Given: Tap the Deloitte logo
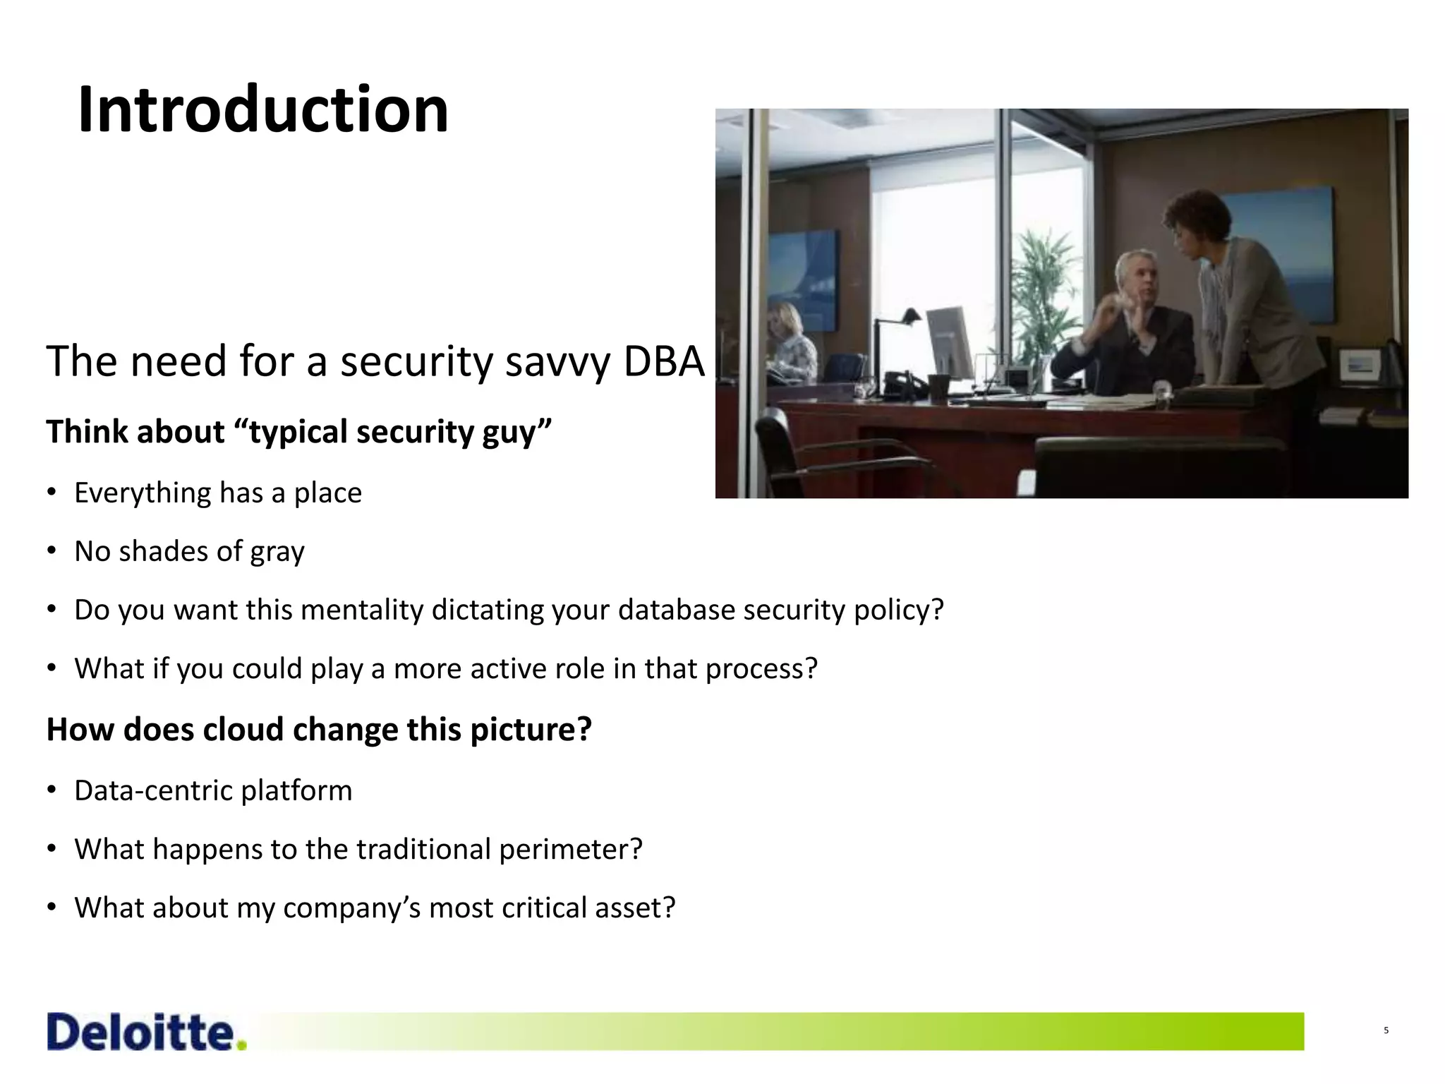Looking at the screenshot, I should pyautogui.click(x=147, y=1032).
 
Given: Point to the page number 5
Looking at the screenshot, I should pyautogui.click(x=1386, y=1030).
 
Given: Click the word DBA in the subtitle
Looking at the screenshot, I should pyautogui.click(x=664, y=361).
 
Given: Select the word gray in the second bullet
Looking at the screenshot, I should pyautogui.click(x=281, y=552).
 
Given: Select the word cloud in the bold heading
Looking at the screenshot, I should pyautogui.click(x=243, y=729).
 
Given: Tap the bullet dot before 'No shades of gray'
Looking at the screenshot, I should pyautogui.click(x=52, y=550).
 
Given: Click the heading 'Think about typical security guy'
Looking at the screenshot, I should pyautogui.click(x=298, y=431).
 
